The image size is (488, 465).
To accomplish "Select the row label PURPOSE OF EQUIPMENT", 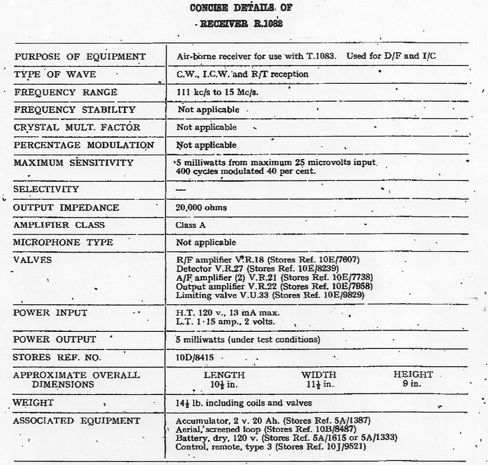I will point(80,57).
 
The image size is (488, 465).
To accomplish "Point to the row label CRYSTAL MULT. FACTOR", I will point(77,127).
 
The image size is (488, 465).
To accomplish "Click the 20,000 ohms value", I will point(201,207).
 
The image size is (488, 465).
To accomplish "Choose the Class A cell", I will point(191,225).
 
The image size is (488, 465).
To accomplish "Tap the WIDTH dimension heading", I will point(319,375).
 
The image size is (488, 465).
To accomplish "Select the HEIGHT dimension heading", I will point(413,375).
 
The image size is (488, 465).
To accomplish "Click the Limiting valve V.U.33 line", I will point(270,295).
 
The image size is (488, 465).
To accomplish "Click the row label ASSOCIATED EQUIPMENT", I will point(77,421).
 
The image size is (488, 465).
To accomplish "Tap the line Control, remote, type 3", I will point(270,447).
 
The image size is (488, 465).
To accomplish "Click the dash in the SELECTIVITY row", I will point(181,189).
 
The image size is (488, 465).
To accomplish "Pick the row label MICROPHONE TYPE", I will point(64,242).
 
